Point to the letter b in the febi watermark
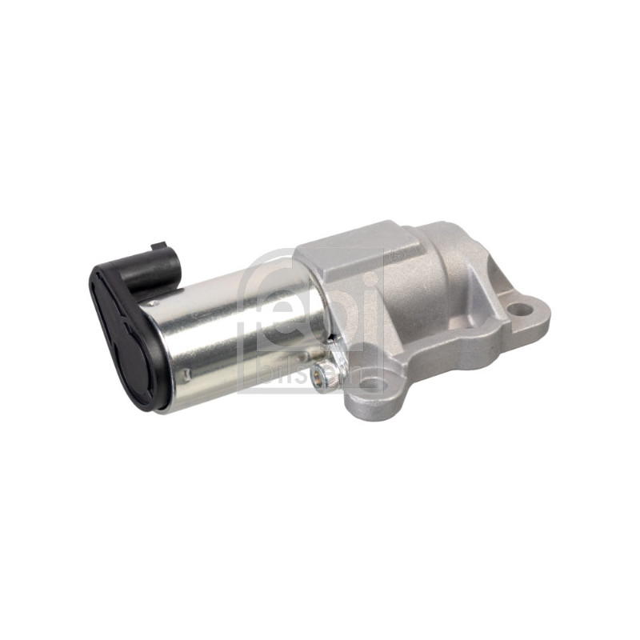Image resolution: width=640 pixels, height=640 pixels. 345,304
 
